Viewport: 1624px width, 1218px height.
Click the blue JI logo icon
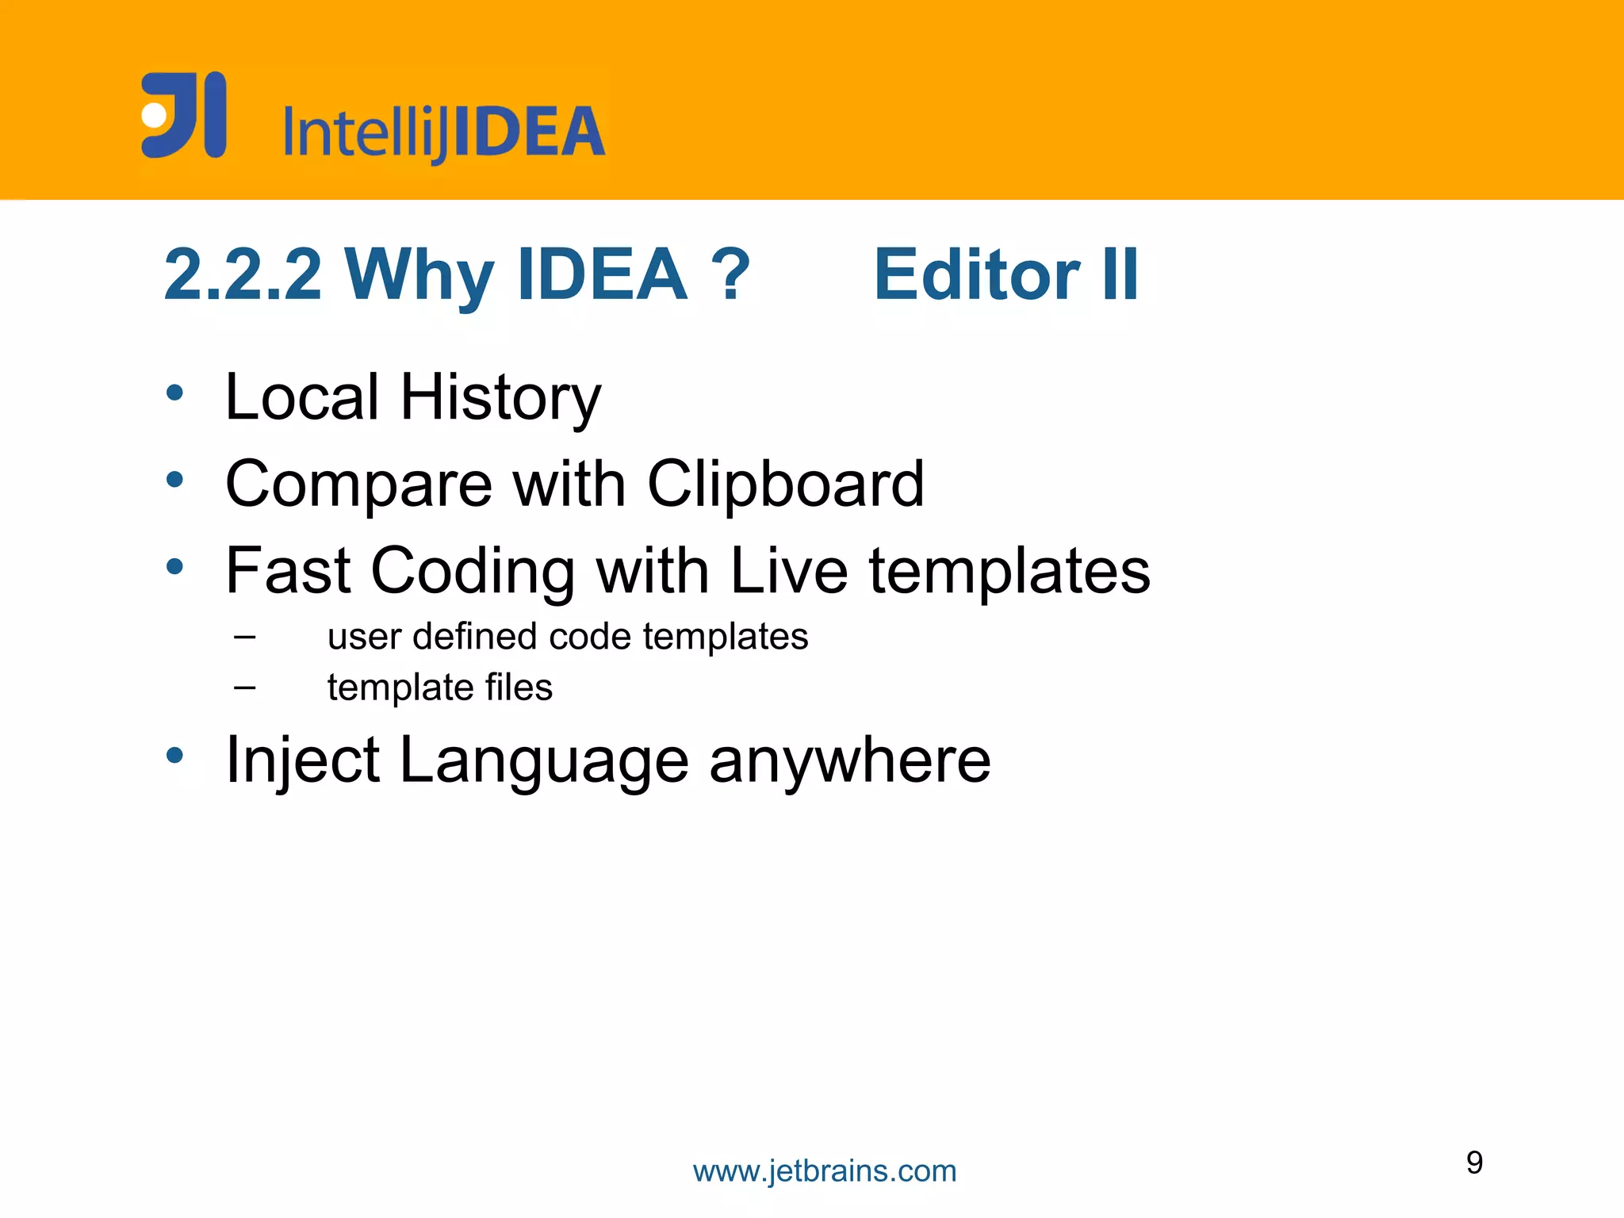[x=184, y=115]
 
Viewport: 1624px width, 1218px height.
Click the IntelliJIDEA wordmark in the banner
[x=444, y=132]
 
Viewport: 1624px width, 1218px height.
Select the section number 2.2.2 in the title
[x=243, y=274]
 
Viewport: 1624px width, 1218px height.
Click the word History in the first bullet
[x=500, y=397]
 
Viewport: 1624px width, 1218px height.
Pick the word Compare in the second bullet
[x=359, y=485]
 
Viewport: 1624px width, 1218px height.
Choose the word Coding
[x=473, y=572]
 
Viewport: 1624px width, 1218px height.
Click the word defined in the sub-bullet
[x=475, y=636]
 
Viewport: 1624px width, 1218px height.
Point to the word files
[x=519, y=687]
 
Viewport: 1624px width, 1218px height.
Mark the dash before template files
[x=245, y=687]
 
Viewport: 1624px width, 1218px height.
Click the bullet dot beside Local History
[x=175, y=393]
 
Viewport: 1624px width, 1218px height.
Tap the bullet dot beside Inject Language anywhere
[x=175, y=756]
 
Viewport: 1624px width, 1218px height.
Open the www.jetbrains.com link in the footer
[x=825, y=1171]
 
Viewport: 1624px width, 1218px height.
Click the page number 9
[x=1474, y=1162]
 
